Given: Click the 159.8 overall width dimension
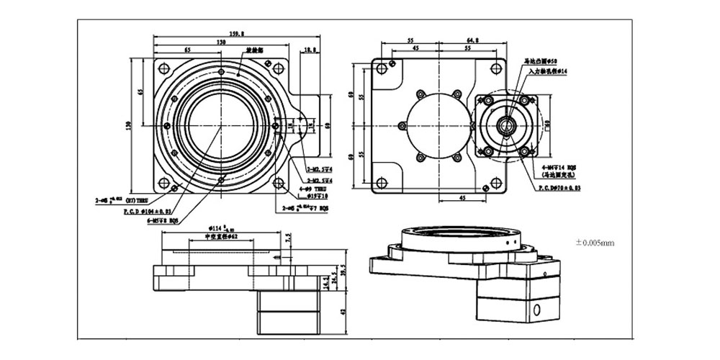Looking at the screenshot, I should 235,33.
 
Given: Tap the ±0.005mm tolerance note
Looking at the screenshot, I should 595,243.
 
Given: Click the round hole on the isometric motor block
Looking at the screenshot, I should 536,311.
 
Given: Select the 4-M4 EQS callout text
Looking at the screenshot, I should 559,167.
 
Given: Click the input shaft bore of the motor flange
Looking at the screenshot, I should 508,127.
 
